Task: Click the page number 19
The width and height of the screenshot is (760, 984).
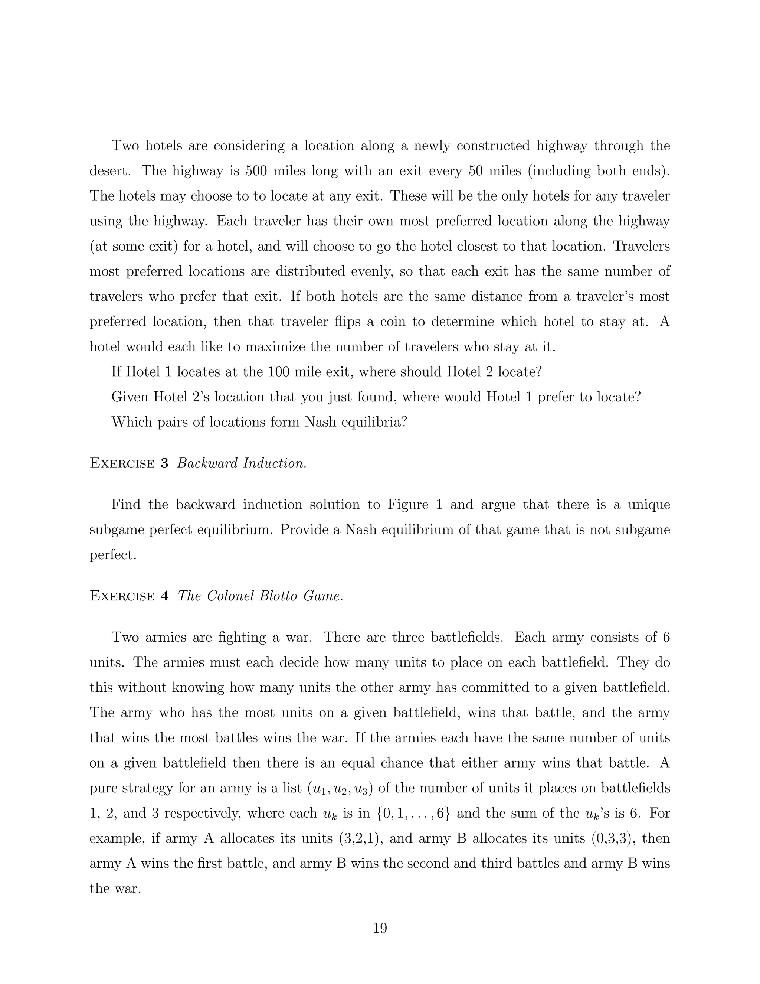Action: (x=380, y=928)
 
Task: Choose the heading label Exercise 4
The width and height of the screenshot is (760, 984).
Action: (x=129, y=596)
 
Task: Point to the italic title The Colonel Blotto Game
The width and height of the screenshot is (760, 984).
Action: (x=260, y=596)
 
